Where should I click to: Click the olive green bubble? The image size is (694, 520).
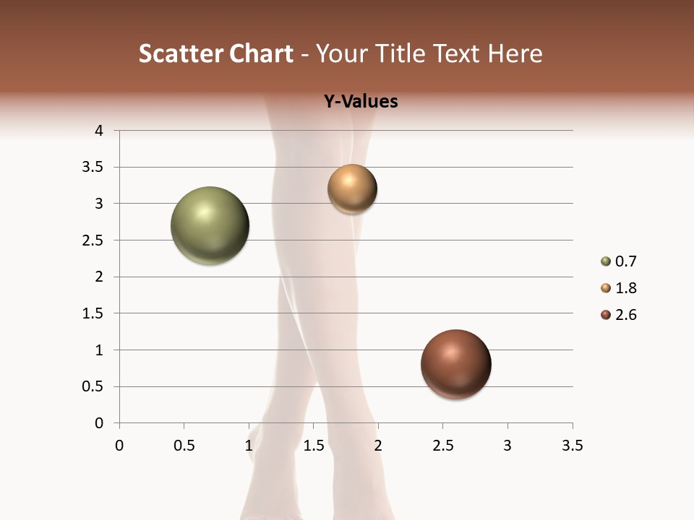coord(210,225)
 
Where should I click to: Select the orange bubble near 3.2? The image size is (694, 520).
coord(352,188)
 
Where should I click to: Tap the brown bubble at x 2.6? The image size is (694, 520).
coord(455,364)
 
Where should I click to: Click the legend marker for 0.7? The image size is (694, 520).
coord(605,261)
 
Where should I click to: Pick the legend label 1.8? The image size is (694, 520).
coord(625,288)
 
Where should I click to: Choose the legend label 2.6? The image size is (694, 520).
coord(625,315)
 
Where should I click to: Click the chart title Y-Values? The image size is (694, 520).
coord(360,102)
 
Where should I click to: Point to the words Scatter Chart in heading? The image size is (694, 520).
coord(215,53)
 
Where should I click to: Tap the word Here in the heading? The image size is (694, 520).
coord(514,53)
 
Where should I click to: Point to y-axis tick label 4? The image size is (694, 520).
coord(100,131)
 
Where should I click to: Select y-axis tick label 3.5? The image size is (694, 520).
coord(94,168)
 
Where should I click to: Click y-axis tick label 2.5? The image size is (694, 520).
coord(94,240)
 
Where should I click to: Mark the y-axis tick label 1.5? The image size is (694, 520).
coord(94,313)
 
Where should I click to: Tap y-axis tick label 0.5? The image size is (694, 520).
coord(94,386)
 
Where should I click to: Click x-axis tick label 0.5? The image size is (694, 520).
coord(184,446)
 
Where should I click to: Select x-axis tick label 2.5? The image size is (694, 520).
coord(442,446)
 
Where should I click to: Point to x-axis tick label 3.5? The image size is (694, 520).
coord(572,446)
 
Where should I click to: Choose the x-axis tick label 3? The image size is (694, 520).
coord(507,446)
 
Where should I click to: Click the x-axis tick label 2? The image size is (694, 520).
coord(378,446)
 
